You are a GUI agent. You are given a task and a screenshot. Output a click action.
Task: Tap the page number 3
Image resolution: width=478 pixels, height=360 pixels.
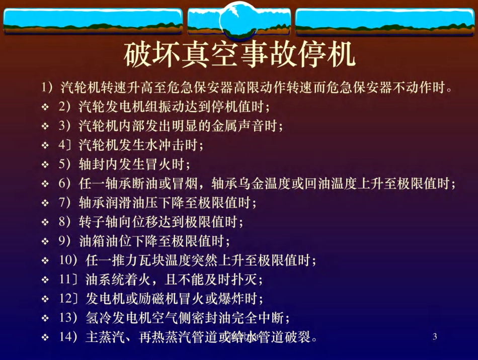pos(435,337)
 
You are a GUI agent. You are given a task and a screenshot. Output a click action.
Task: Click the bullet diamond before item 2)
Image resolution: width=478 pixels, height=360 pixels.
pos(45,108)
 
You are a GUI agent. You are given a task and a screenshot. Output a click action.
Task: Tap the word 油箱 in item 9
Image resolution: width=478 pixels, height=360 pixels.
pos(89,241)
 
